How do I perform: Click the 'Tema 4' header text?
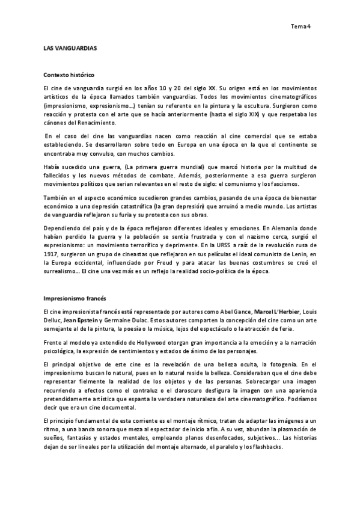point(300,26)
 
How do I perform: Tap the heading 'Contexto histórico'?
point(69,76)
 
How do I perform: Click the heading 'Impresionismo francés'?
point(73,299)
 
